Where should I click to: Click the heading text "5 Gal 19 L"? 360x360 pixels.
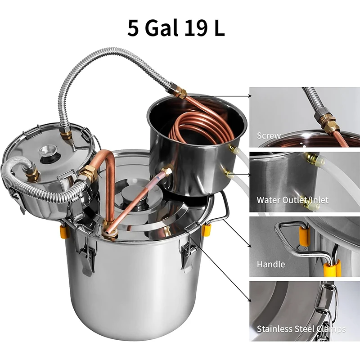(x=176, y=28)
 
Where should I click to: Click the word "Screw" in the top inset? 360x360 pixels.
(x=269, y=135)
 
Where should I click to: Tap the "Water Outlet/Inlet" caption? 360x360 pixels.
(x=292, y=200)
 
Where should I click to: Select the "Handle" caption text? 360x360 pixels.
(x=270, y=264)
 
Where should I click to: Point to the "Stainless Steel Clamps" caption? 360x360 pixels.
(x=301, y=329)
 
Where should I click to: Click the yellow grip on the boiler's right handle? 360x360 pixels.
(x=206, y=230)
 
